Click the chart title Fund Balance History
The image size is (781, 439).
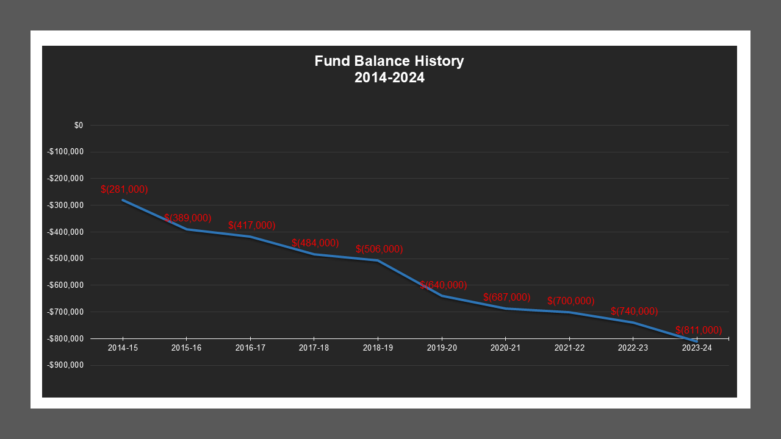(x=389, y=62)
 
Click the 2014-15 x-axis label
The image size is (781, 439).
(x=123, y=348)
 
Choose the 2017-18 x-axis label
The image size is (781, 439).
(x=314, y=348)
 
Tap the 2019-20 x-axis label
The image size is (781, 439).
(x=442, y=348)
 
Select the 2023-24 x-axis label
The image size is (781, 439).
(x=696, y=348)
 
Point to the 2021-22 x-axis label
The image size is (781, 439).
(x=569, y=348)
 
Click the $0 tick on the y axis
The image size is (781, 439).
(x=79, y=126)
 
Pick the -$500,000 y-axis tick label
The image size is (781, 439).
(x=65, y=259)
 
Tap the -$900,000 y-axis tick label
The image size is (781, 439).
(x=65, y=365)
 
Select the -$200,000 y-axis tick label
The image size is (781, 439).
(x=65, y=179)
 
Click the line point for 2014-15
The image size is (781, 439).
(x=123, y=200)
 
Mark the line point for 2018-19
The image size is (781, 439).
(x=378, y=260)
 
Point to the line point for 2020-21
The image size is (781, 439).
(x=505, y=309)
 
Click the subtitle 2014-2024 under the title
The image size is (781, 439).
(x=389, y=78)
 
